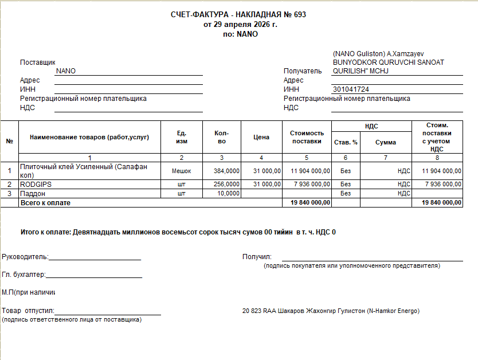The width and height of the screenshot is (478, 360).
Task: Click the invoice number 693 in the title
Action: coord(300,15)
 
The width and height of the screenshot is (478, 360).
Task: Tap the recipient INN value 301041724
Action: coord(351,89)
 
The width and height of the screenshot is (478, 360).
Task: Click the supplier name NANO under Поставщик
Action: coord(66,71)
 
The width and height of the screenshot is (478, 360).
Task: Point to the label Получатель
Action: coord(303,71)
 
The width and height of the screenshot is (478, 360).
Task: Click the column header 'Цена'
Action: coord(261,138)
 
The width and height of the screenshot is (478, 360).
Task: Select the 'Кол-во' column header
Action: coord(222,138)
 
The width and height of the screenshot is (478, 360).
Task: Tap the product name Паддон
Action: coord(33,194)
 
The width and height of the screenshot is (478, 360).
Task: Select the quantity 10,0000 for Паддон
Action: coord(229,194)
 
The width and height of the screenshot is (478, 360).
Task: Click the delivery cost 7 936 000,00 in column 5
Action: coord(310,184)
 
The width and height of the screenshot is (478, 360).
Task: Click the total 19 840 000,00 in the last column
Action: coord(441,203)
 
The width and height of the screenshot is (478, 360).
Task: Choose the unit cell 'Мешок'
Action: coord(182,171)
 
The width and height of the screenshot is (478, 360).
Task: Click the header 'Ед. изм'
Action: coord(182,138)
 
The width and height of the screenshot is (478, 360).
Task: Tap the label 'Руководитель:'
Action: coord(25,257)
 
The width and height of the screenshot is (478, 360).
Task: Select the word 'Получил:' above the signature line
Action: coord(257,257)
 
